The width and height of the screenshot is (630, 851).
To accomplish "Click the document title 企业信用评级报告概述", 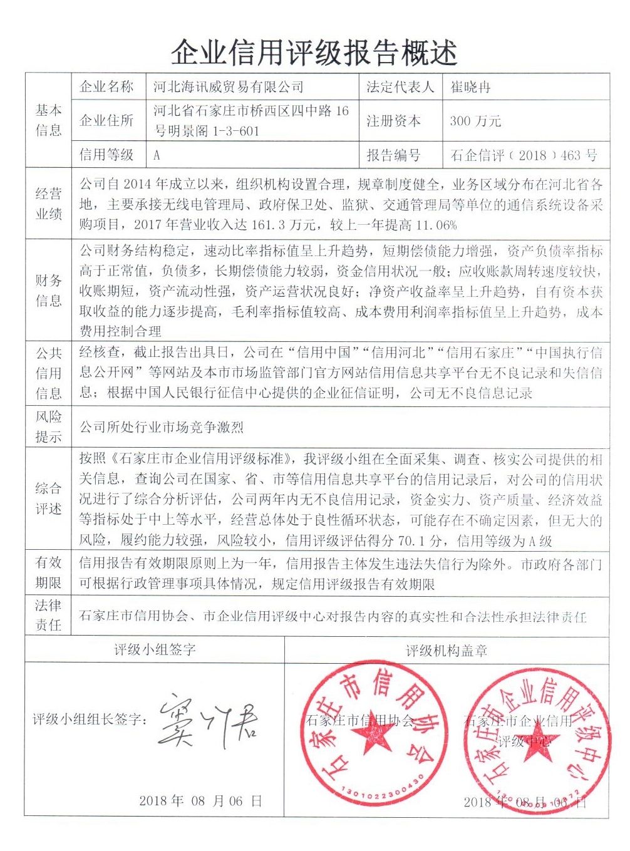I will coord(314,53).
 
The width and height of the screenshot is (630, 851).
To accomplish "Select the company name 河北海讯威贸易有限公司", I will coord(229,87).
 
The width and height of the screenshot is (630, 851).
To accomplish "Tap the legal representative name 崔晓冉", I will coord(470,87).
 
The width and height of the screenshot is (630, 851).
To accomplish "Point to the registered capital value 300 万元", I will coord(475,121).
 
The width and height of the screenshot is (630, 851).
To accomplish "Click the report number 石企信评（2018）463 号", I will coord(524,155).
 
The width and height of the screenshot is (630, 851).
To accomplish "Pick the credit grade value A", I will coord(157,155).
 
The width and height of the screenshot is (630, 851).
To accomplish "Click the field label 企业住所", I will coord(106,120).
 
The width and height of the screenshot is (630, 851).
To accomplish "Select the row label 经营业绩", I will coord(48,204).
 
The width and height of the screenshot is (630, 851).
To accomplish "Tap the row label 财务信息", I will coord(48,291).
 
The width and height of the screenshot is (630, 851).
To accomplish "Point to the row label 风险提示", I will coord(48,426).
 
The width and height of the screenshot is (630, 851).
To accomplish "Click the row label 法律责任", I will coord(48,615).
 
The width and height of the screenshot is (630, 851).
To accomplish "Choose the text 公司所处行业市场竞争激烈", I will coord(162,427).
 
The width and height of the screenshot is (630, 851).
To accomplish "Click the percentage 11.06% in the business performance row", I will coord(436,225).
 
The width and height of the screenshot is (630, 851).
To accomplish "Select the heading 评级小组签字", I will coord(155,649).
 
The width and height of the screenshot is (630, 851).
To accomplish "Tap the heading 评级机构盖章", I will coord(446,651).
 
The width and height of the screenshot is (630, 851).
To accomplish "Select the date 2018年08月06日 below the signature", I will coord(200,800).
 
